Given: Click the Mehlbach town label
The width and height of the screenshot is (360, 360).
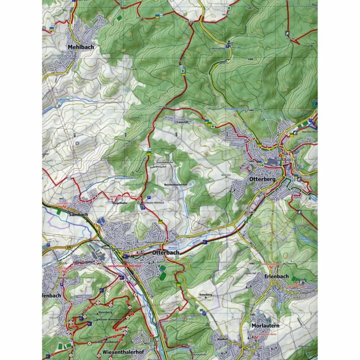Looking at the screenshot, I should click(x=80, y=47).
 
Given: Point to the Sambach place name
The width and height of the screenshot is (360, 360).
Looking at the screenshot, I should click(x=78, y=214).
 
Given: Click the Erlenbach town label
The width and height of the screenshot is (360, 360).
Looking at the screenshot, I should click(x=276, y=276).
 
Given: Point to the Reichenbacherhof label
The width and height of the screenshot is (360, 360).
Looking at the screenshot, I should click(x=176, y=185).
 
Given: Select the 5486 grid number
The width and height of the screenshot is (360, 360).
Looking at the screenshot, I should click(x=251, y=59).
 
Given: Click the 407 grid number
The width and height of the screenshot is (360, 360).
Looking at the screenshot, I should click(x=74, y=135).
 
